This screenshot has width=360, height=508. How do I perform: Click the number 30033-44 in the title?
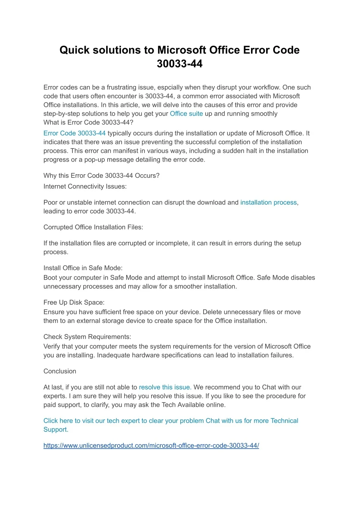tap(179, 64)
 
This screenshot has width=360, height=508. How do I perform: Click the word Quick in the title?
tap(75, 50)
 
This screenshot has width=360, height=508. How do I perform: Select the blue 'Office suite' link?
tap(186, 113)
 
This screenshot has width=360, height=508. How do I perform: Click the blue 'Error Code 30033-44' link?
tap(75, 133)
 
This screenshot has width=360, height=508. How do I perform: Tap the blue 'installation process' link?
tap(269, 202)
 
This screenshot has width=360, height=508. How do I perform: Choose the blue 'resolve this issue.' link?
tap(165, 387)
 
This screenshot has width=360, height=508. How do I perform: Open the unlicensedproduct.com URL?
tap(151, 445)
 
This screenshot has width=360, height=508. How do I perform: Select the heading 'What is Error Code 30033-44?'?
tap(88, 122)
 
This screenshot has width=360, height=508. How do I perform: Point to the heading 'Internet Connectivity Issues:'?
tap(85, 186)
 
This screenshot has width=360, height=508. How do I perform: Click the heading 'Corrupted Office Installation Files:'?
tap(93, 227)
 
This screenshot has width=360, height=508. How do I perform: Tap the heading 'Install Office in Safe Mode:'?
tap(83, 268)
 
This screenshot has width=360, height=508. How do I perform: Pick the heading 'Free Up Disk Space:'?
tap(74, 302)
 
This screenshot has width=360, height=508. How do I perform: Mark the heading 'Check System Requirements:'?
tap(87, 337)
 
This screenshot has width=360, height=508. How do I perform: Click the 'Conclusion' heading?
tap(60, 371)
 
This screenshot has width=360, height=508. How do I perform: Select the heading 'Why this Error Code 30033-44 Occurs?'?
tap(101, 175)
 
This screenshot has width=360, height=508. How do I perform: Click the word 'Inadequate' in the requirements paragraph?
tap(113, 355)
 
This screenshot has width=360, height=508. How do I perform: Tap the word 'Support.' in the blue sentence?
tap(56, 429)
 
